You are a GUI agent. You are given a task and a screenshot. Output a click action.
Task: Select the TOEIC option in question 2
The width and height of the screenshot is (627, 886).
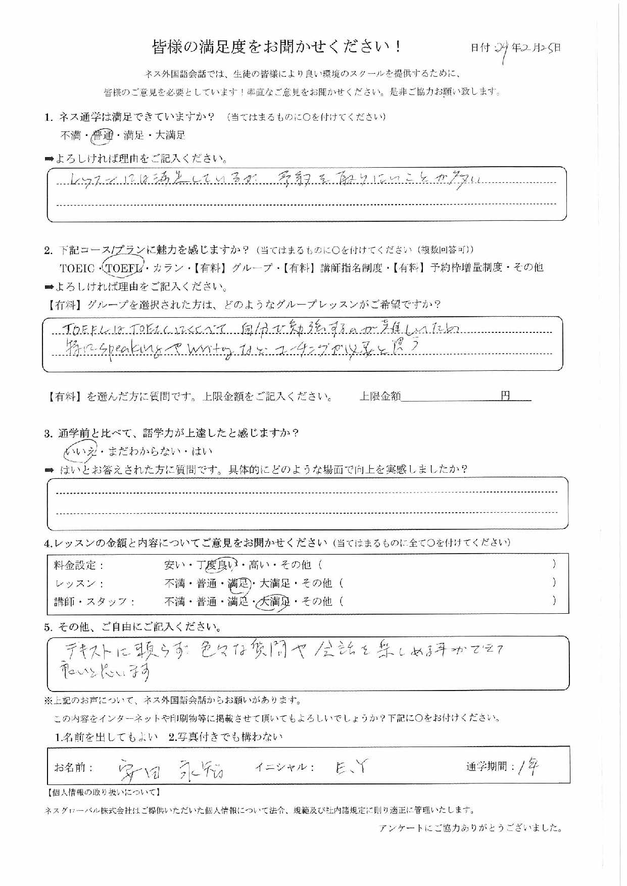click(77, 267)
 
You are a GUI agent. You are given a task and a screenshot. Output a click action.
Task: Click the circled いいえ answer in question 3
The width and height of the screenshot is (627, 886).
click(78, 451)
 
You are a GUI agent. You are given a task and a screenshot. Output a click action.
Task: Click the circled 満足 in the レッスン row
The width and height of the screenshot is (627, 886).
click(238, 583)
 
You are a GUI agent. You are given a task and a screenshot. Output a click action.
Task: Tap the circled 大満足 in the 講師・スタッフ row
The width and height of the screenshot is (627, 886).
click(273, 601)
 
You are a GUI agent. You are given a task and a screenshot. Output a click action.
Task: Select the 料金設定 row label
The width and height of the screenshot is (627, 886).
click(78, 565)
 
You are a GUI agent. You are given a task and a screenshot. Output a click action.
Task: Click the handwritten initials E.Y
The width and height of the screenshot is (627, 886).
click(351, 768)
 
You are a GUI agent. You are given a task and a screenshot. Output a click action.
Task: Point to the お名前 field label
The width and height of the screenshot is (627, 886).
click(74, 768)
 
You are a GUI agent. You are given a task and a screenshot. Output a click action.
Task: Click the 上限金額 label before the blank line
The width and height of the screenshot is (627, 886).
click(379, 397)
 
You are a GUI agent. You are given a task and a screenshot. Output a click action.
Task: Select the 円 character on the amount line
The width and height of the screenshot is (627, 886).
click(505, 396)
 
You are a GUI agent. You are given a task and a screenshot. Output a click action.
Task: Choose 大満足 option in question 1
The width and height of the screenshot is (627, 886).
click(170, 135)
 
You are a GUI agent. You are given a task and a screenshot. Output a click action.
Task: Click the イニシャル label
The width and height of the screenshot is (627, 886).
click(285, 767)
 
